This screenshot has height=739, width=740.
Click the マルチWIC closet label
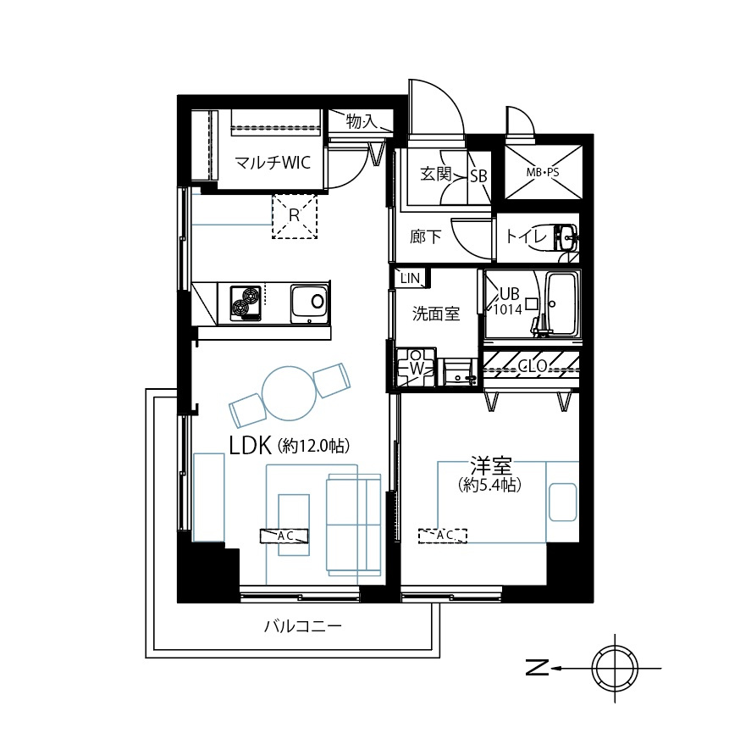[267, 163]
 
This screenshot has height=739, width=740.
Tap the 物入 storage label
[362, 122]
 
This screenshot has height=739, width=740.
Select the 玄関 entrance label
[436, 175]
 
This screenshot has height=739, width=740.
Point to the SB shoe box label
[478, 176]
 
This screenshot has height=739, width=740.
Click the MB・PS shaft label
[543, 172]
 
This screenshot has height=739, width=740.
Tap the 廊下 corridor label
[425, 237]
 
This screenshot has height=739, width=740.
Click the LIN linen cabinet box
[410, 278]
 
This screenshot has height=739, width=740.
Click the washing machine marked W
[416, 367]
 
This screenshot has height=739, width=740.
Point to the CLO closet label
[531, 366]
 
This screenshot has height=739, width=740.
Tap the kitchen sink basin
[310, 302]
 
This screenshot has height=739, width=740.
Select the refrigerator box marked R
[294, 215]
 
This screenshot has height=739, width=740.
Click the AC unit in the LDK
[284, 536]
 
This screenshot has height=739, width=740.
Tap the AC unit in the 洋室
[443, 536]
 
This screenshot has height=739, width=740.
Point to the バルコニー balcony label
[302, 627]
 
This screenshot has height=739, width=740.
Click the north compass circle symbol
[615, 670]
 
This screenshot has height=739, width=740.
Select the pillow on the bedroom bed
[562, 502]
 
